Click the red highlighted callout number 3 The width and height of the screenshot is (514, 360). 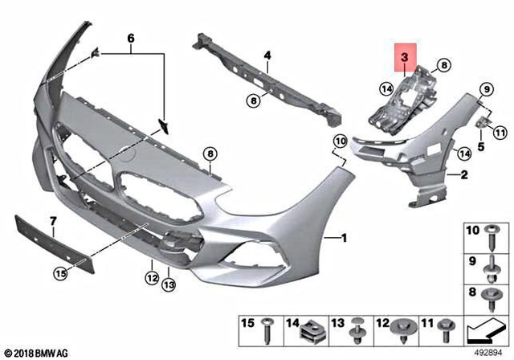pyautogui.click(x=405, y=59)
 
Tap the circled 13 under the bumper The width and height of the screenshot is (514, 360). pyautogui.click(x=169, y=284)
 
